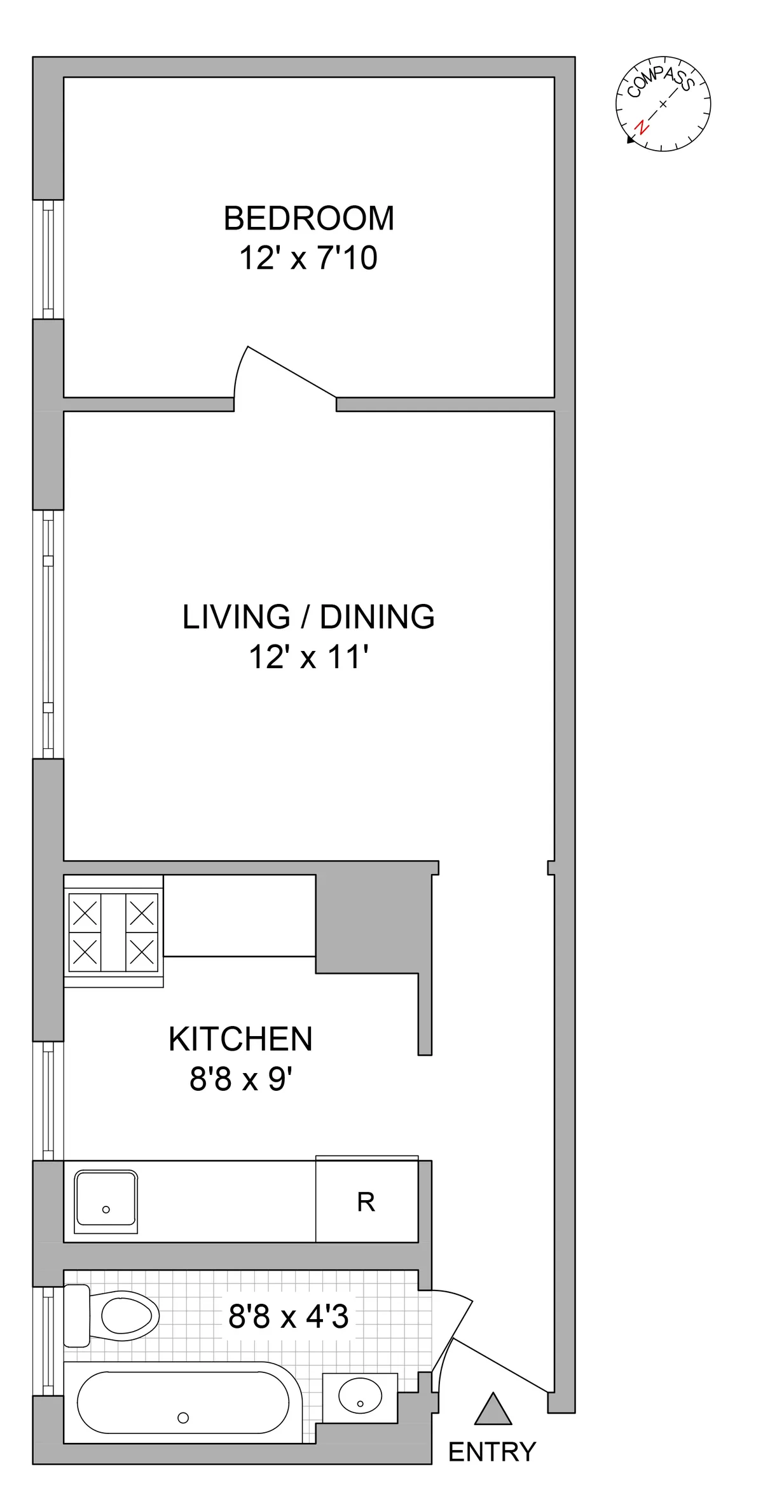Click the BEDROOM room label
click(309, 218)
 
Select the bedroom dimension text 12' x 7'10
click(308, 258)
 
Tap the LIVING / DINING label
click(308, 617)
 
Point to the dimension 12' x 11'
click(308, 657)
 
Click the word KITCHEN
click(240, 1039)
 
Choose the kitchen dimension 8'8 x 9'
click(240, 1079)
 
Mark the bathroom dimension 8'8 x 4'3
click(288, 1316)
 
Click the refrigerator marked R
click(366, 1201)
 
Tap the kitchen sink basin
click(106, 1201)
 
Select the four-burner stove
click(113, 932)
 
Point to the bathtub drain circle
click(183, 1417)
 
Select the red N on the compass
click(643, 126)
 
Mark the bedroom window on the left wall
click(48, 259)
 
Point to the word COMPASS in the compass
click(659, 81)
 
